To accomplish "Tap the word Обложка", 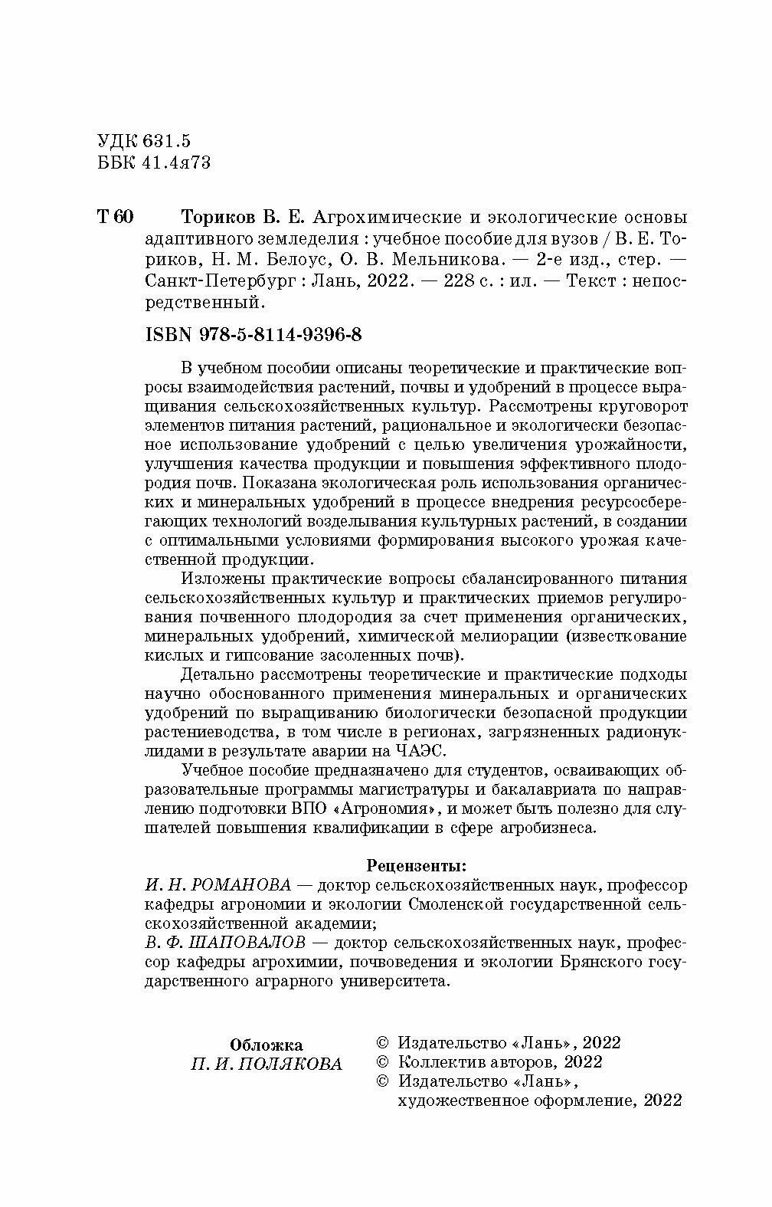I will coord(266,1045).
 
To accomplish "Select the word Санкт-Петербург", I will coord(216,280).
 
